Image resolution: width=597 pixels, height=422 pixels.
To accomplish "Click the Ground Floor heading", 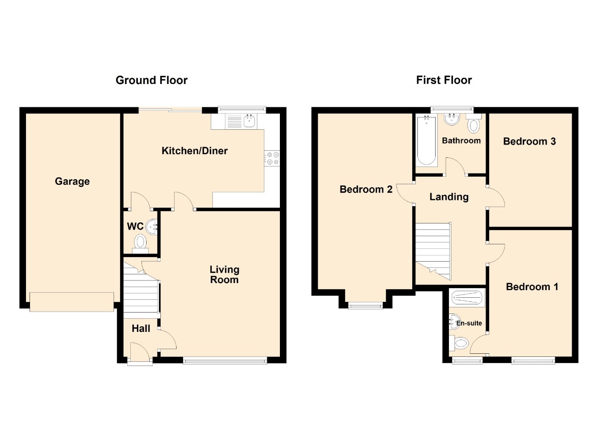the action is [x=152, y=80].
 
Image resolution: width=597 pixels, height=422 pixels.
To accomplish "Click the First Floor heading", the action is [x=444, y=80].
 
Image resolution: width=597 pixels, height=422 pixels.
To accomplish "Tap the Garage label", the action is [x=72, y=181].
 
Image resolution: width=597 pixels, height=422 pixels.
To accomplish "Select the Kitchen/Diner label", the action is [x=194, y=151].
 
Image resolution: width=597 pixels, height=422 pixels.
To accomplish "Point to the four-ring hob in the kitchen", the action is [x=272, y=158].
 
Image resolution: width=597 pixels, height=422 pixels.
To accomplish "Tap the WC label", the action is [x=135, y=226].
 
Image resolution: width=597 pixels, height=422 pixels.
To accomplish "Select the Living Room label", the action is [x=224, y=274].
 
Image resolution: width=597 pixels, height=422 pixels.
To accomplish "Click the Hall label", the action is [x=141, y=328].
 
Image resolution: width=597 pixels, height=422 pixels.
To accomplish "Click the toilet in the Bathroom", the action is [x=474, y=123].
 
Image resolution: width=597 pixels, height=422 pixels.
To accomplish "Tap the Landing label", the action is [x=449, y=197].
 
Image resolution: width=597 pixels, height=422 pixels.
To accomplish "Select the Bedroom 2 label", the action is [x=366, y=189].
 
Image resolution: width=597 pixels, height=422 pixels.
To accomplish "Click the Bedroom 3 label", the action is [x=529, y=142].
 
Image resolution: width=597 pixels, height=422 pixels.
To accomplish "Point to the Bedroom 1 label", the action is [x=532, y=287].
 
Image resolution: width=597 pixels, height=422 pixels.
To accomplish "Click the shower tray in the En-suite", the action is [x=467, y=297].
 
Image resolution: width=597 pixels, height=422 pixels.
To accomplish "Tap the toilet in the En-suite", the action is [x=459, y=343].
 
